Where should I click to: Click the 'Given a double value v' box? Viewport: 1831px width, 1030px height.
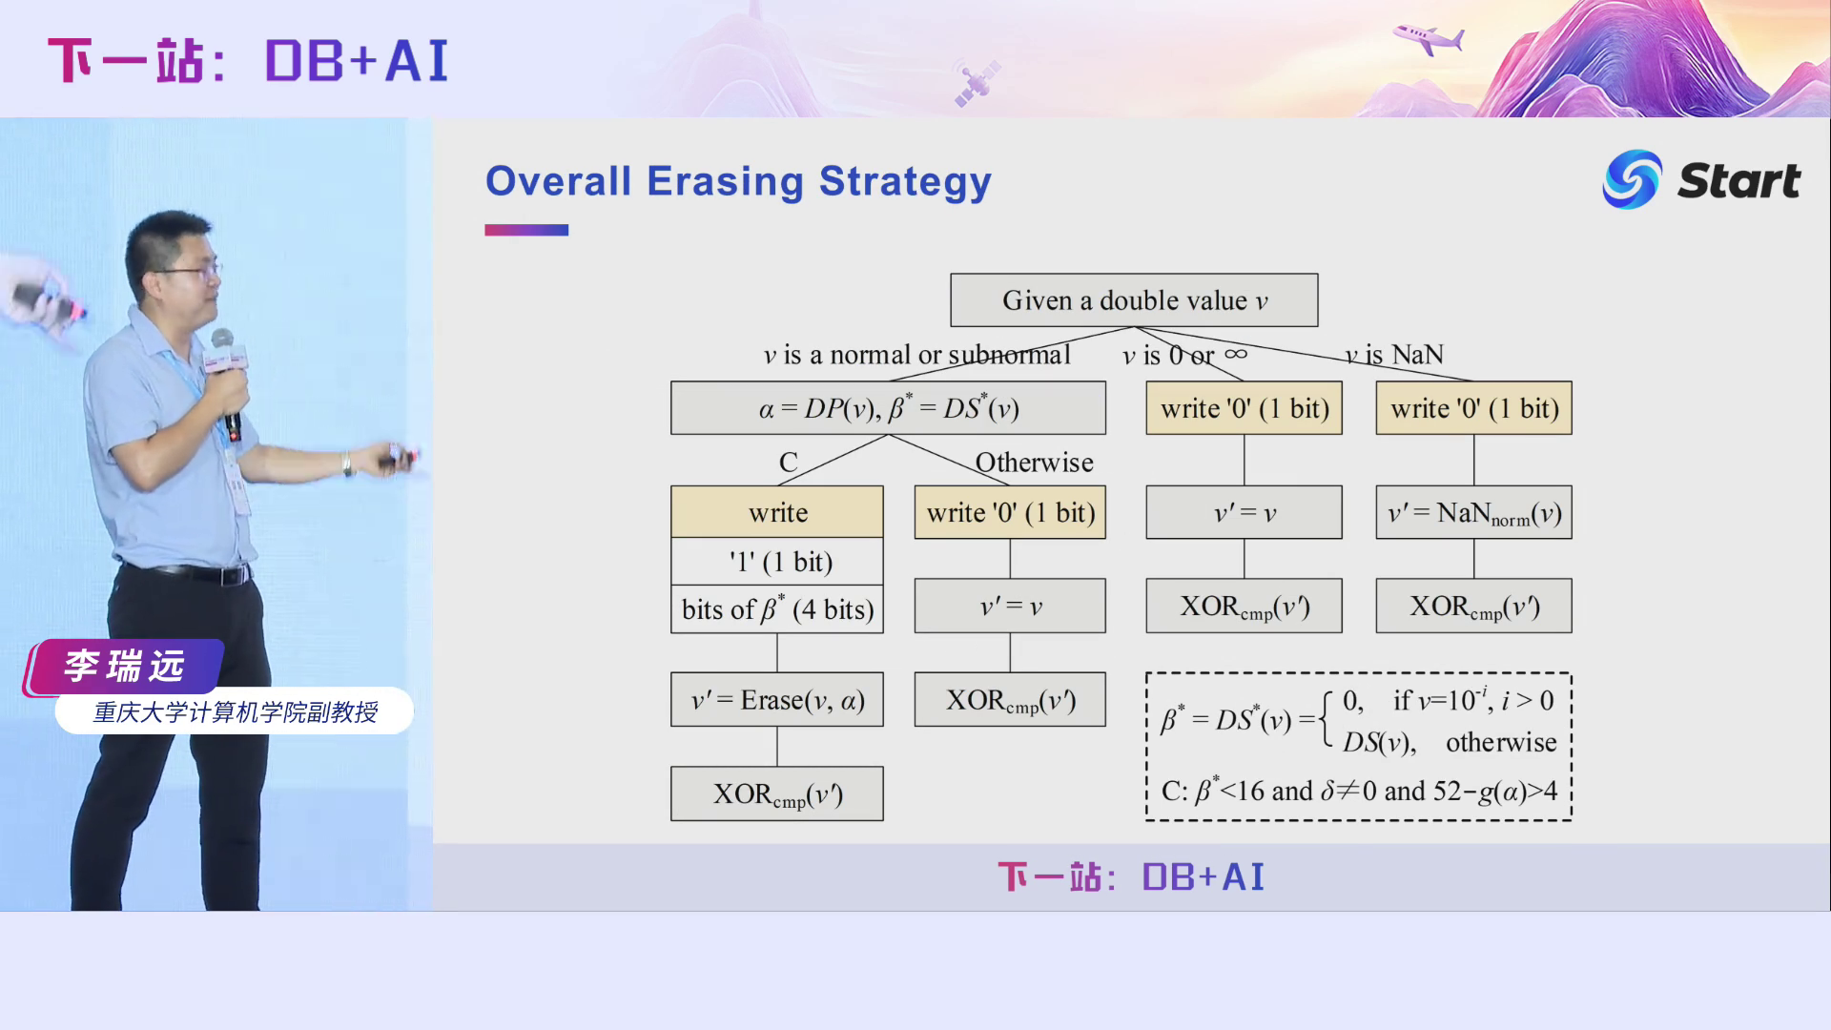[1134, 300]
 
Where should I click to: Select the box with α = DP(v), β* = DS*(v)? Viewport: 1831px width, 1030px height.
[888, 408]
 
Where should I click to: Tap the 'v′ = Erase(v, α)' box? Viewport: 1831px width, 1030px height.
[776, 700]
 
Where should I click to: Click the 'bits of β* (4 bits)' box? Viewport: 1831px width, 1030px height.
[776, 609]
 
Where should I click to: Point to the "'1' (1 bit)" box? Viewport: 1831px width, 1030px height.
[776, 562]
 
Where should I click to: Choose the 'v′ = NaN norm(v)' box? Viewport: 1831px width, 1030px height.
[1473, 513]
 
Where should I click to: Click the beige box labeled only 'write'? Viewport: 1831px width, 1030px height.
[776, 512]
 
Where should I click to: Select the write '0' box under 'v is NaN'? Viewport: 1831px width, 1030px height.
[1473, 408]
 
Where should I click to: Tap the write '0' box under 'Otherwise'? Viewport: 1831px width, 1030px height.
[1010, 512]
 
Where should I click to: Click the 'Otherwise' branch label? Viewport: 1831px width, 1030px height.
[1034, 463]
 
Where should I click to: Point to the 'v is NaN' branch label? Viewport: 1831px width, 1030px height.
[1394, 355]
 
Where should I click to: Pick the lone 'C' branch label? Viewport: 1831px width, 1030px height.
[788, 463]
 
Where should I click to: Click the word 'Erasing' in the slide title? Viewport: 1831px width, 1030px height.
[725, 181]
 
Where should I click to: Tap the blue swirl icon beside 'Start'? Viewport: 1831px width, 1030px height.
[1632, 179]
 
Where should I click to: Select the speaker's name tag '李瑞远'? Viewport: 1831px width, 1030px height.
[124, 666]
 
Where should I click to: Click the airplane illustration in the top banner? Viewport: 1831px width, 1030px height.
[1429, 38]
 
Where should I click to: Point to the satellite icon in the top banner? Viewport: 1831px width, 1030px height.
[977, 80]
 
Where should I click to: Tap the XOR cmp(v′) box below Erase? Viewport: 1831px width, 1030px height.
[776, 793]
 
